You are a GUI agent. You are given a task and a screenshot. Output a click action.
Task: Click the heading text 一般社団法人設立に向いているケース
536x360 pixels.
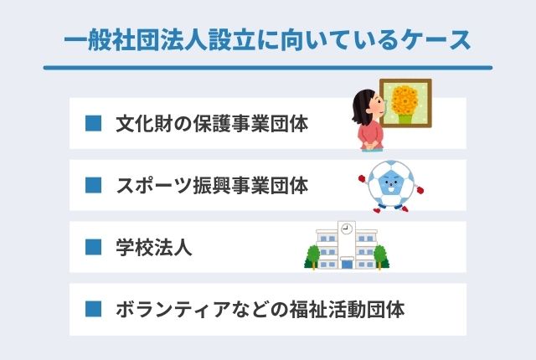pyautogui.click(x=267, y=39)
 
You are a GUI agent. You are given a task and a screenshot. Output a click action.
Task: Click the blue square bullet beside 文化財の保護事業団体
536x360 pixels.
pyautogui.click(x=94, y=125)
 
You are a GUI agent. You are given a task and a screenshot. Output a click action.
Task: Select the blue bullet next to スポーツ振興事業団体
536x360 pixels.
pyautogui.click(x=94, y=185)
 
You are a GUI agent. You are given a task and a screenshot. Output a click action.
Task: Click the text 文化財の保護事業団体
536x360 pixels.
pyautogui.click(x=212, y=125)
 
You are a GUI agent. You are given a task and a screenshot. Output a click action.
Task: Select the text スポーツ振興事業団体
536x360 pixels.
pyautogui.click(x=212, y=185)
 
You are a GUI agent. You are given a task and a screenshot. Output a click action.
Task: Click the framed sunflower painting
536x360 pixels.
pyautogui.click(x=405, y=105)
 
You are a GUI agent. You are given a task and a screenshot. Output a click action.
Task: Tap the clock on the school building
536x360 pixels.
pyautogui.click(x=346, y=228)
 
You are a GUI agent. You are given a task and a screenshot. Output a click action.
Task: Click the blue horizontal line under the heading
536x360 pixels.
pyautogui.click(x=267, y=68)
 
